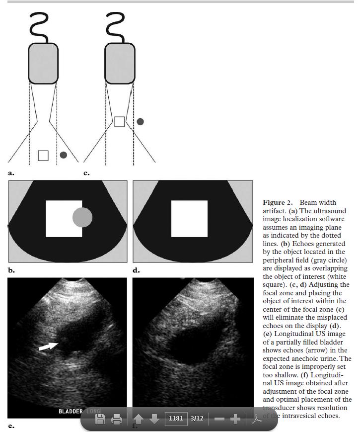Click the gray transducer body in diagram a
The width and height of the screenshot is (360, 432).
coord(43,63)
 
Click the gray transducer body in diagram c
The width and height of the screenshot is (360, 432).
coord(120,63)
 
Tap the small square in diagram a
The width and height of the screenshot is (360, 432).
coord(43,155)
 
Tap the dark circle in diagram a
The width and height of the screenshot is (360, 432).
coord(64,155)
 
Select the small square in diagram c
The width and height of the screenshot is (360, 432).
coord(119,121)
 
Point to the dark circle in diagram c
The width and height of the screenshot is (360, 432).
coord(141,121)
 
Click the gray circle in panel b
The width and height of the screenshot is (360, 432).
coord(82,218)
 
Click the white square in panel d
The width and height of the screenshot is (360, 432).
coord(189,219)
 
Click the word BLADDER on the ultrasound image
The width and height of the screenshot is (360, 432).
coord(71,412)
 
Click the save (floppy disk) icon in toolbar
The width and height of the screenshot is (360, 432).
coord(100,419)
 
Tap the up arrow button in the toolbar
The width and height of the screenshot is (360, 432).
coord(139,419)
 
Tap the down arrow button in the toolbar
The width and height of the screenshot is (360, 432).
coord(154,419)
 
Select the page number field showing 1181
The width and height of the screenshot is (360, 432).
coord(176,419)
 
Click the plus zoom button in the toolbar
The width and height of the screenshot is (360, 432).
coord(235,419)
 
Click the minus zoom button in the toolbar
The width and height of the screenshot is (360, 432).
coord(219,419)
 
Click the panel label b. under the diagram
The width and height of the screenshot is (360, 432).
coord(11,270)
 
